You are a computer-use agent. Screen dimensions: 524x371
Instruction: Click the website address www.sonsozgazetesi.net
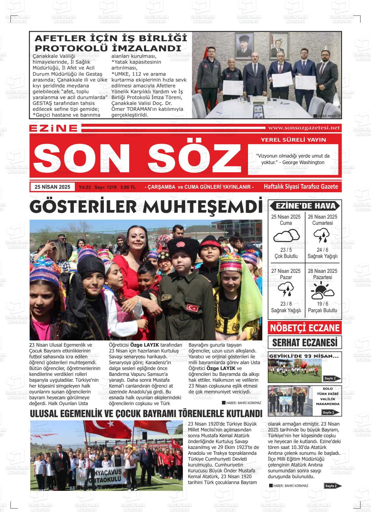(303, 128)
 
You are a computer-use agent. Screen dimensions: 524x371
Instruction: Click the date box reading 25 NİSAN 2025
(52, 187)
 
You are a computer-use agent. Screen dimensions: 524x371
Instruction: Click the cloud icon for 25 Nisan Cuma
(286, 236)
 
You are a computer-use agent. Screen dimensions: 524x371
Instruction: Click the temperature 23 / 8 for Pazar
(286, 304)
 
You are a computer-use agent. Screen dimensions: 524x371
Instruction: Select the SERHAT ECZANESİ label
(305, 342)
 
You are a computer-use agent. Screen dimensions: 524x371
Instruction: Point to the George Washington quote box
(293, 159)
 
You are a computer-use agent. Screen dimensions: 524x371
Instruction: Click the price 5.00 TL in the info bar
(128, 187)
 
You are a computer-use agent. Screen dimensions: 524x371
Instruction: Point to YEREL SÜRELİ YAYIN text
(293, 140)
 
